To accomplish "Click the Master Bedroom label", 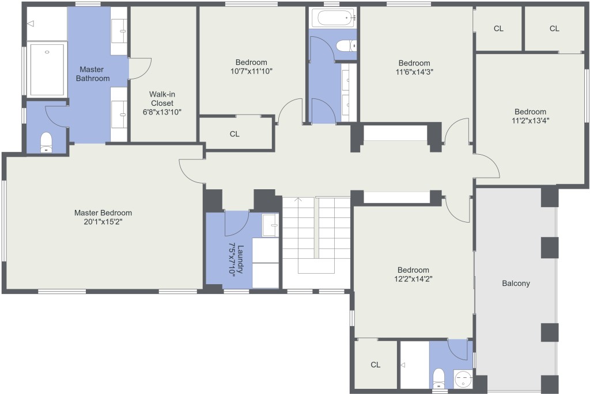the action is pyautogui.click(x=103, y=213).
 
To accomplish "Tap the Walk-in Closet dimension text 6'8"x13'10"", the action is pyautogui.click(x=162, y=112).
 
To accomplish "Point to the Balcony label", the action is pyautogui.click(x=516, y=283).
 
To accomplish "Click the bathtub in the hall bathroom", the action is pyautogui.click(x=334, y=18).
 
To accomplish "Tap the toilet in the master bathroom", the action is pyautogui.click(x=46, y=142).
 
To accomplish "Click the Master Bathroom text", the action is pyautogui.click(x=93, y=74).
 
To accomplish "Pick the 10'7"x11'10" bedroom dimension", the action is pyautogui.click(x=251, y=71).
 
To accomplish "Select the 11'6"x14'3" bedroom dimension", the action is pyautogui.click(x=414, y=72).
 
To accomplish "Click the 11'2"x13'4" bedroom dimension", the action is pyautogui.click(x=530, y=121).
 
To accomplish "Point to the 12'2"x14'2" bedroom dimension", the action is pyautogui.click(x=413, y=279).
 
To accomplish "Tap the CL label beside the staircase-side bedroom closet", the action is pyautogui.click(x=235, y=134).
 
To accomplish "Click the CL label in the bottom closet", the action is pyautogui.click(x=376, y=365).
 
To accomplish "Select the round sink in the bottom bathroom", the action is pyautogui.click(x=463, y=379).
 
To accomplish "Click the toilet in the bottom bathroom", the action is pyautogui.click(x=438, y=378).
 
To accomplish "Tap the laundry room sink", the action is pyautogui.click(x=270, y=225).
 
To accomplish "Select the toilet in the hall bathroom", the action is pyautogui.click(x=346, y=46).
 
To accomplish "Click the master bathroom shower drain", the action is pyautogui.click(x=47, y=52).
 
